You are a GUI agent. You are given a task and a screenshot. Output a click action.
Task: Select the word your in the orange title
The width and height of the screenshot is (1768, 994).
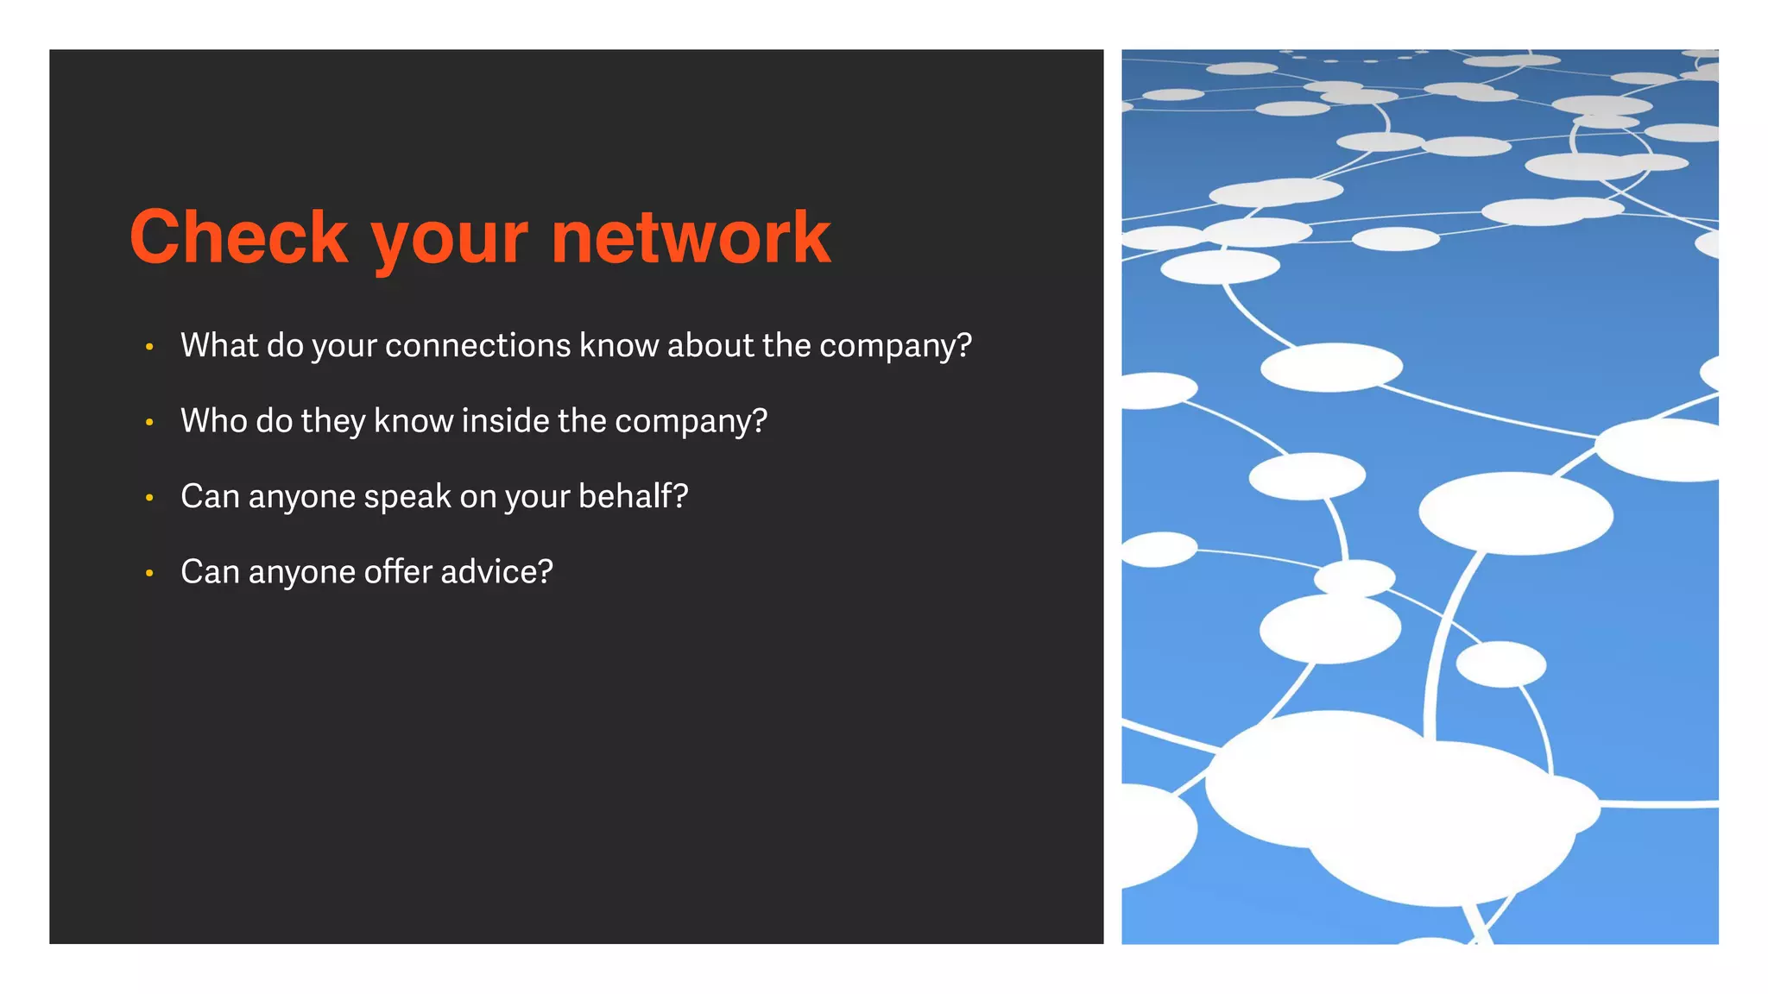tap(449, 242)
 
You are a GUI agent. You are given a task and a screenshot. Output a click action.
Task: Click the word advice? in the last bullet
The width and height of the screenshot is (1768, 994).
tap(496, 572)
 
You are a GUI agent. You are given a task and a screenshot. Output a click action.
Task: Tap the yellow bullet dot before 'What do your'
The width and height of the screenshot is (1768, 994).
tap(149, 347)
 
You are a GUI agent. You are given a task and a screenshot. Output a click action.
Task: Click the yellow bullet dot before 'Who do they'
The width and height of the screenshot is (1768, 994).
tap(149, 423)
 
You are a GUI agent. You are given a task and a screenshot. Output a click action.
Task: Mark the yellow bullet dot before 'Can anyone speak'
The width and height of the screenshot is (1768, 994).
tap(149, 498)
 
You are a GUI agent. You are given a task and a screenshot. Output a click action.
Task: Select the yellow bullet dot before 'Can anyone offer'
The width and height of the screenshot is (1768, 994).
tap(149, 573)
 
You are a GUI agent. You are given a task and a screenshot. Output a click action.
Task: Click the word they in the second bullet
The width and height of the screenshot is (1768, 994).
tap(333, 422)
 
